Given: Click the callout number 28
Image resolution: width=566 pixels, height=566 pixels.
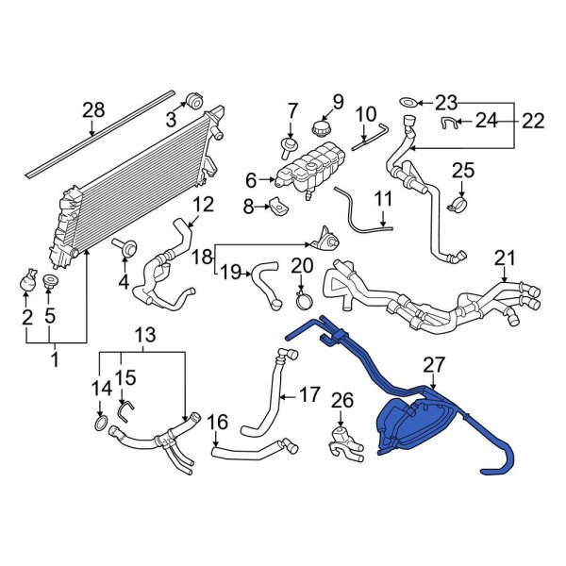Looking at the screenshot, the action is [92, 111].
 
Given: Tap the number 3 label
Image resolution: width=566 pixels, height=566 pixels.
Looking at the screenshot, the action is [171, 120].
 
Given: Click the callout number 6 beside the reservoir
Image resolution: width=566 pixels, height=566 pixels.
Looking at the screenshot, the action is [250, 179].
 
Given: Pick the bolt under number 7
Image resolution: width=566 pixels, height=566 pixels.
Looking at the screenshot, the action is [285, 145].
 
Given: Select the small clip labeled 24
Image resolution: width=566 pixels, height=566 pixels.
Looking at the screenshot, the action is [451, 123].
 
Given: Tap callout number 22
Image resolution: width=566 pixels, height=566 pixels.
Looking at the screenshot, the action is [533, 120].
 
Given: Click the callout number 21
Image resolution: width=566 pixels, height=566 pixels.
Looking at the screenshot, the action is [506, 257].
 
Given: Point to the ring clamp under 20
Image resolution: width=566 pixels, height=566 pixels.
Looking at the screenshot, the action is [305, 302].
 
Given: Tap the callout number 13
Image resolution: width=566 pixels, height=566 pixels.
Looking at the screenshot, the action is [143, 337].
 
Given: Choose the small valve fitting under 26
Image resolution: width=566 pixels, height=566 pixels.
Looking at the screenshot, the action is [345, 441].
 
